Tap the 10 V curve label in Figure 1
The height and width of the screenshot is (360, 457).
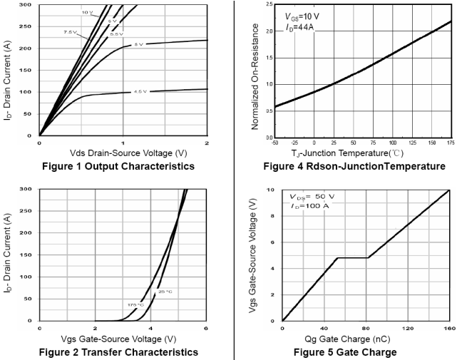tap(86, 13)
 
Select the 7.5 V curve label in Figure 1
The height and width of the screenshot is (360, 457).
tap(68, 31)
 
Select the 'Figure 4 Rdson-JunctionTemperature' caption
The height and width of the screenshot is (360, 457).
tap(354, 167)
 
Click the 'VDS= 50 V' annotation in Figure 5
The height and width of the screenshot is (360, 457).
tap(312, 196)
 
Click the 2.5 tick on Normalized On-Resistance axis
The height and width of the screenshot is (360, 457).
tap(267, 4)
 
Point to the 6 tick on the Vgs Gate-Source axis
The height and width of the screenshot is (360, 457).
tap(206, 327)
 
